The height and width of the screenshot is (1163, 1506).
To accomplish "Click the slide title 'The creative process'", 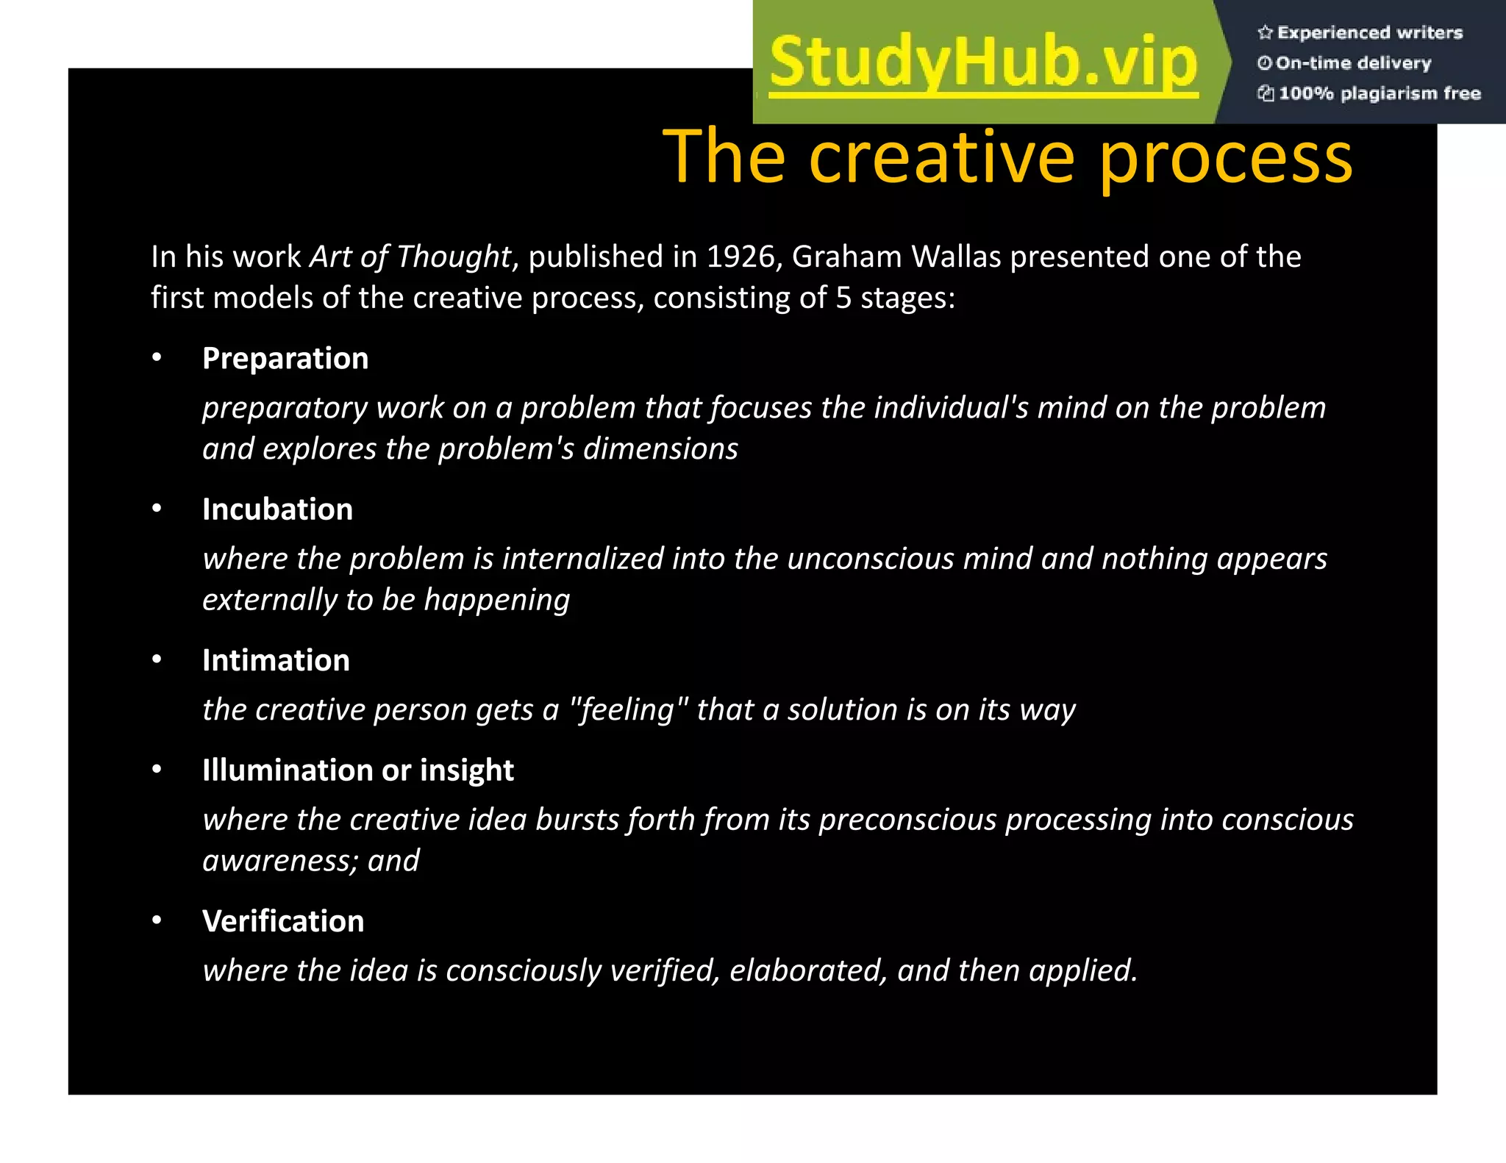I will (1007, 156).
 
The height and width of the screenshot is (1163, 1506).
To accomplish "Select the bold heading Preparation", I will (285, 359).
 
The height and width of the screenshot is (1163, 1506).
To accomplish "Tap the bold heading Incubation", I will (277, 509).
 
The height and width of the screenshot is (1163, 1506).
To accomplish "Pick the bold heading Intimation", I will (276, 660).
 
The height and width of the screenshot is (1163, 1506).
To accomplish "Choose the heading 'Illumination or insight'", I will (358, 770).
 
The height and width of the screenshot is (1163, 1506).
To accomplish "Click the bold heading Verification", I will (283, 921).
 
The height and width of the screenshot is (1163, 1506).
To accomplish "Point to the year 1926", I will (738, 257).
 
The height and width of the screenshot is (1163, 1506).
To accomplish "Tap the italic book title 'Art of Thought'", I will (410, 257).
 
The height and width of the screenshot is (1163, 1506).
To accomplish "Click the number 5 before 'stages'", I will (843, 298).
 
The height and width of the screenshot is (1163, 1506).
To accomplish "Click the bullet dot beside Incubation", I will (157, 509).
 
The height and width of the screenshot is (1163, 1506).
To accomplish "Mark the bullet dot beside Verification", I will (157, 920).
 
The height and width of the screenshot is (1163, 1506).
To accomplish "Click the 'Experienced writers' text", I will (1369, 32).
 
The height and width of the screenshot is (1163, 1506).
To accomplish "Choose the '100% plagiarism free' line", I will (1379, 93).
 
